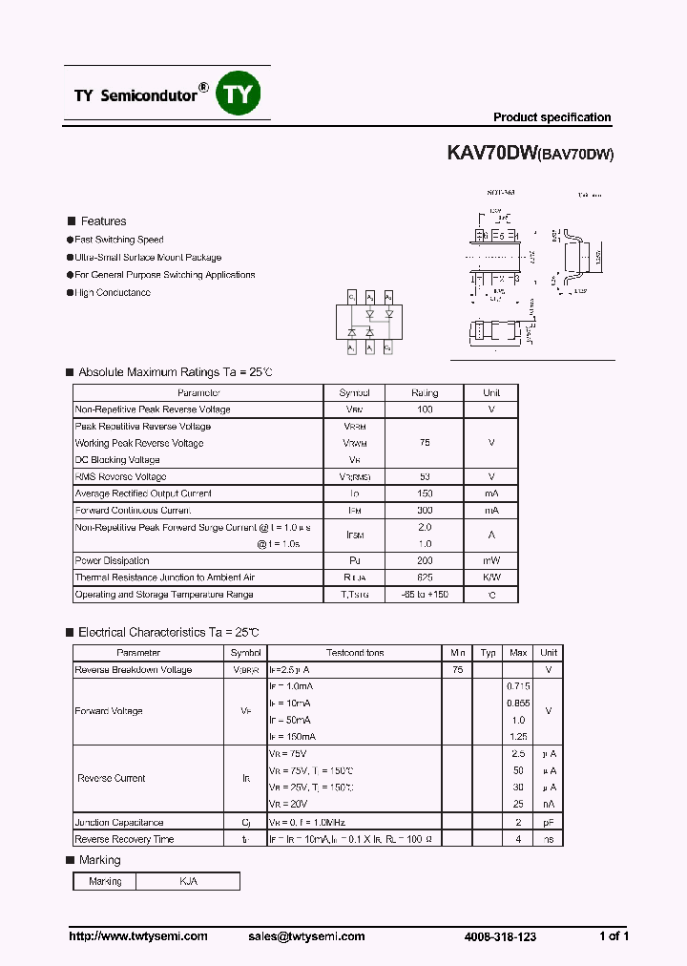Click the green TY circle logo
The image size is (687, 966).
(239, 94)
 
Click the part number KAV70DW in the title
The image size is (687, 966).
(492, 152)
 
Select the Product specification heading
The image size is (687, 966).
(552, 117)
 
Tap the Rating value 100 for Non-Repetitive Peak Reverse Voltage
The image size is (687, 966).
(425, 409)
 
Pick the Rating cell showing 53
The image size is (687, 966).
(425, 476)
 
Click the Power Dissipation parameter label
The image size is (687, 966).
(113, 560)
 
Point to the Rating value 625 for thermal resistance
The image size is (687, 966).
(425, 577)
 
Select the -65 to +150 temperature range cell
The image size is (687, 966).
(425, 595)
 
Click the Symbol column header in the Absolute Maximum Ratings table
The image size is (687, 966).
(355, 392)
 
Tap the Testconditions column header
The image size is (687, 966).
(355, 653)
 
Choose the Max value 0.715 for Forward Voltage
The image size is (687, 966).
(518, 686)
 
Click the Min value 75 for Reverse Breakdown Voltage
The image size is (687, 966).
(457, 670)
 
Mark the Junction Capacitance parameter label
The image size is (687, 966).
(119, 822)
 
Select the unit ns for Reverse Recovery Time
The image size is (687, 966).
(549, 839)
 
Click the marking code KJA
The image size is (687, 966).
(188, 881)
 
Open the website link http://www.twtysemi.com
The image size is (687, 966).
(138, 936)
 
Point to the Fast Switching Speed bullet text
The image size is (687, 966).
(119, 240)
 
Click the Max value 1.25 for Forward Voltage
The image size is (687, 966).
(518, 737)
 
